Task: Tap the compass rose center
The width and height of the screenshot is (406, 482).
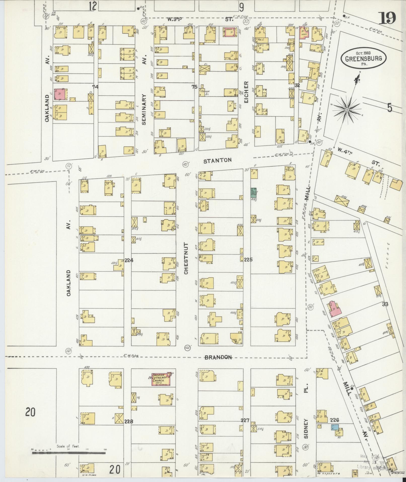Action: pos(347,110)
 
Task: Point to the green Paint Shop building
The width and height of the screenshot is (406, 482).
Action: pos(254,192)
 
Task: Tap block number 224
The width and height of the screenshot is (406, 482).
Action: pos(129,260)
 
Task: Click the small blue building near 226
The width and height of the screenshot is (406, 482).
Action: pos(335,427)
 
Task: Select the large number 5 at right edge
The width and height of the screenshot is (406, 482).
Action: pos(389,108)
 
